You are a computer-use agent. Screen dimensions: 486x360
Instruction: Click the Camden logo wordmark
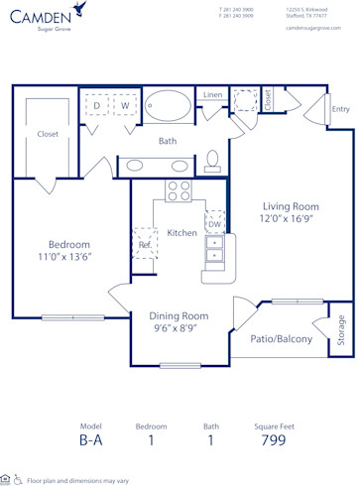42,15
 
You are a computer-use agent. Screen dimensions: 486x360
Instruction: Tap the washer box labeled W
126,104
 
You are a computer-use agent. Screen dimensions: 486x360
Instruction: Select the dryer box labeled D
97,104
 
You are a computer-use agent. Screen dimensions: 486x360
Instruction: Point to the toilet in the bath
213,161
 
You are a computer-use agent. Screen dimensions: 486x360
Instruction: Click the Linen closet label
213,94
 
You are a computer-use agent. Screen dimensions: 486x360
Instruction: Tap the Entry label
340,109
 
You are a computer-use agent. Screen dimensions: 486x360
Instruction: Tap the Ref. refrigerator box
145,243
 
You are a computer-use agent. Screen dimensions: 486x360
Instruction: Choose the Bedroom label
69,244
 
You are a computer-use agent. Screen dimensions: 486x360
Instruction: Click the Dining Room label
166,315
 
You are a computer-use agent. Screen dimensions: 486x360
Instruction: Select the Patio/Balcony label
281,339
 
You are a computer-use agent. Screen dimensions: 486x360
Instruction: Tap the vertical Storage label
341,327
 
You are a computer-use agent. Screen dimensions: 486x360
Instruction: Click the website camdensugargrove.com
313,28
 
